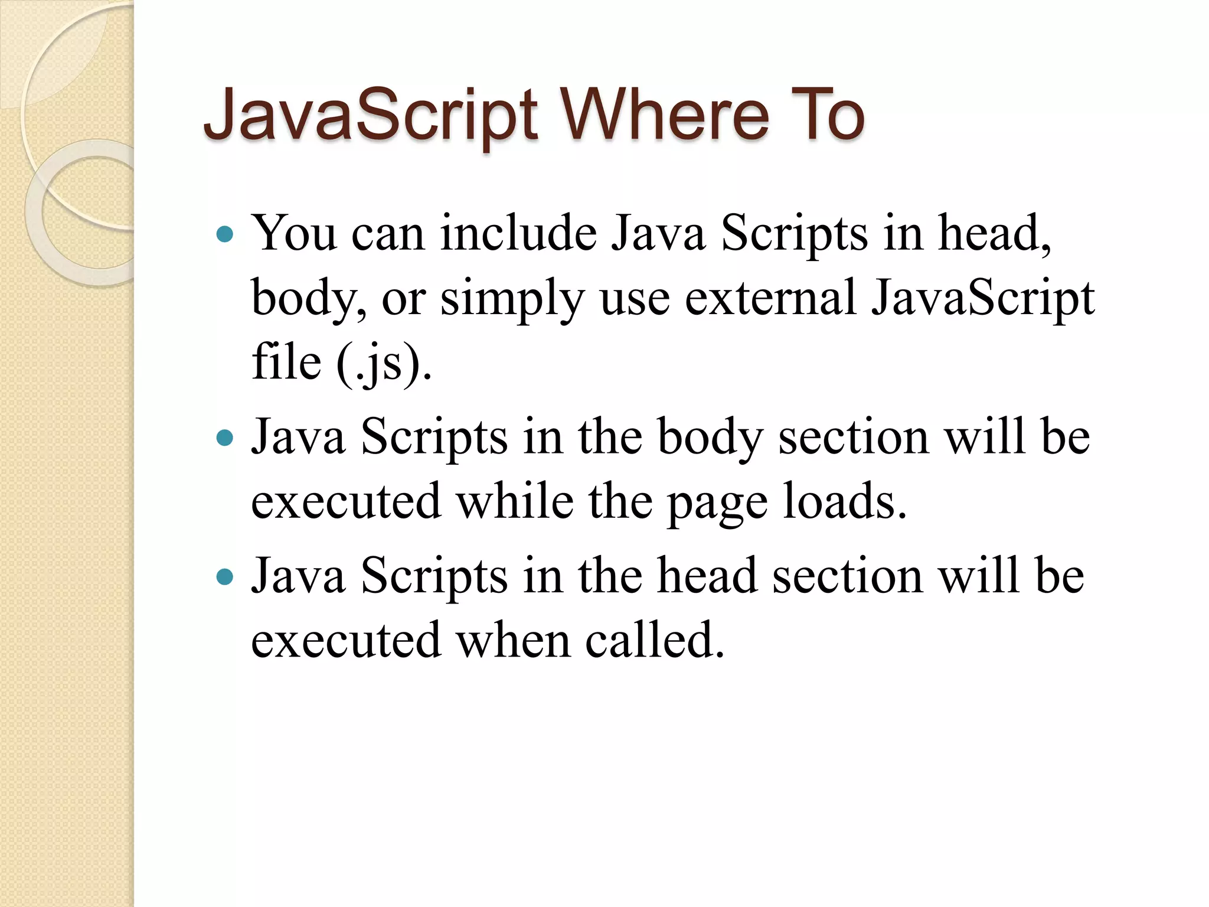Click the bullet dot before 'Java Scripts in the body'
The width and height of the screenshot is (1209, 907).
[x=225, y=438]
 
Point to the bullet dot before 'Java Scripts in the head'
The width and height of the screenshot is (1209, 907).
[x=225, y=577]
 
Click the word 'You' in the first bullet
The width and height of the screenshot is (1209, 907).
[x=295, y=233]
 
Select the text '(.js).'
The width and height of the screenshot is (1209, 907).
[x=384, y=363]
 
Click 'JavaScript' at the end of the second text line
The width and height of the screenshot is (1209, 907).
[x=983, y=299]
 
